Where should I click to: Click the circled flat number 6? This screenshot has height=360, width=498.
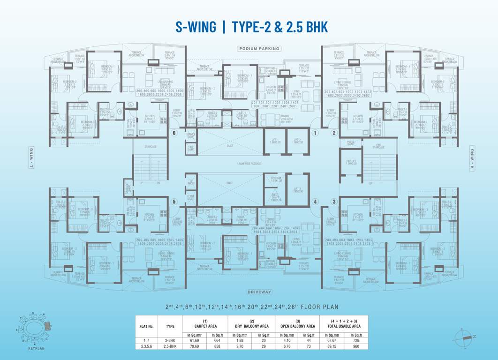174,133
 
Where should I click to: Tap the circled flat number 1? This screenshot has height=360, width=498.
316,133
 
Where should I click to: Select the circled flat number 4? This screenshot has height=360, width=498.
316,202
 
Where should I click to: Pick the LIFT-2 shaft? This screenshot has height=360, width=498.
297,141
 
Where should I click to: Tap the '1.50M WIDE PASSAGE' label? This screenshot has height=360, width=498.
249,164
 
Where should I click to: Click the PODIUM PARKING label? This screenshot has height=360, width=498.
259,48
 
